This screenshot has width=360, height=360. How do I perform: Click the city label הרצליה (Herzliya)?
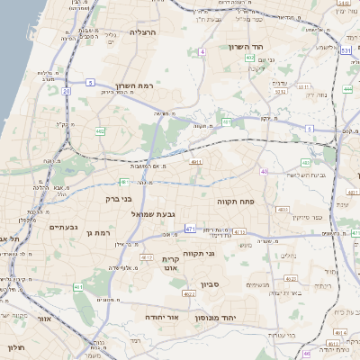pos(143,32)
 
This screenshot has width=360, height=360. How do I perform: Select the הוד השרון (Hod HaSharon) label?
pos(243,47)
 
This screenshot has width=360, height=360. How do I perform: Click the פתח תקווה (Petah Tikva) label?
pos(238,202)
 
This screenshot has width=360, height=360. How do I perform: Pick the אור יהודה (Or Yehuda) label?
pos(163,318)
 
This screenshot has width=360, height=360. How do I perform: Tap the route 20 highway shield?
pos(67,91)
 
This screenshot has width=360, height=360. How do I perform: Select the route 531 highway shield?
pos(346,51)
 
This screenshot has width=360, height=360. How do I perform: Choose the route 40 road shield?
pos(264,171)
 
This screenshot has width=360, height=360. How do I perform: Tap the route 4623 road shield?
pos(189,294)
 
